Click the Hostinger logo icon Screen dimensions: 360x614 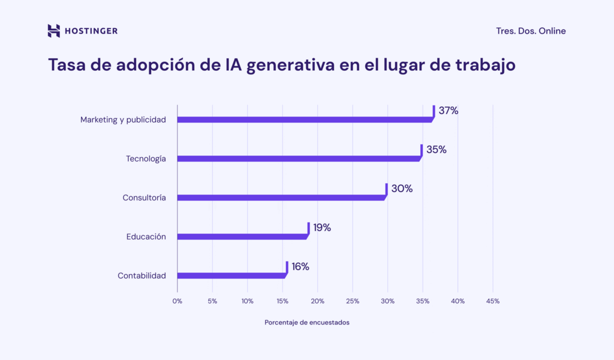54,31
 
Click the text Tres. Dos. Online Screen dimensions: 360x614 531,31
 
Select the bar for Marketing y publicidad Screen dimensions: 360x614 305,119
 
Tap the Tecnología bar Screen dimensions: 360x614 299,158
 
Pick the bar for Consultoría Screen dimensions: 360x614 281,197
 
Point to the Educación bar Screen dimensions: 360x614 242,236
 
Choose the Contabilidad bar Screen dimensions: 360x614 231,275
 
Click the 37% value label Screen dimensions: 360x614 448,111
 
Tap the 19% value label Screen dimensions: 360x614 322,228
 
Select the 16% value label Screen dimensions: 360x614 300,267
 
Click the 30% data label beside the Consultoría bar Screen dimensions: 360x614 402,188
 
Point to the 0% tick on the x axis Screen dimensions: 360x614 177,301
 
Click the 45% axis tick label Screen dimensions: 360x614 493,301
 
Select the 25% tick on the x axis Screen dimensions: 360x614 353,301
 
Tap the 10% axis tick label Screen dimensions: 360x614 247,301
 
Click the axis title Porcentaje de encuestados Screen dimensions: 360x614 307,322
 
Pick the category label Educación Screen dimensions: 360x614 146,236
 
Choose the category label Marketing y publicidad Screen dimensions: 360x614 123,119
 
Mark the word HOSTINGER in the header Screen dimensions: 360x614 91,31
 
